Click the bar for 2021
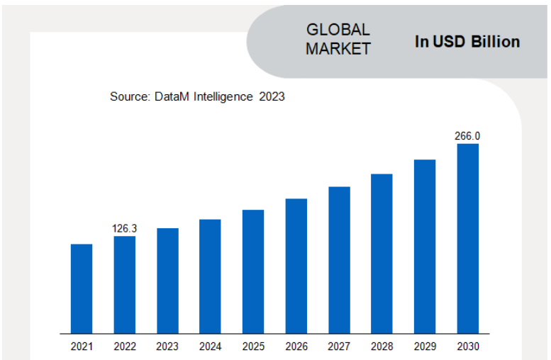(82, 288)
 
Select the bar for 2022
(125, 284)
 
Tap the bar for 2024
(210, 276)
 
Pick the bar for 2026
(296, 266)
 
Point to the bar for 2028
(382, 253)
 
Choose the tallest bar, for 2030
(467, 238)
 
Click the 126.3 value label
(125, 228)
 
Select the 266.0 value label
(467, 135)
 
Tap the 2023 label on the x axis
(167, 347)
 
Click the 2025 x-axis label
(253, 347)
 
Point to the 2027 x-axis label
(339, 347)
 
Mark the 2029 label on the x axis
(425, 347)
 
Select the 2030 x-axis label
(467, 347)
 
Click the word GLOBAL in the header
(338, 30)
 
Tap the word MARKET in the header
(338, 49)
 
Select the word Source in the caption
(128, 96)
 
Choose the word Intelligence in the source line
(220, 96)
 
